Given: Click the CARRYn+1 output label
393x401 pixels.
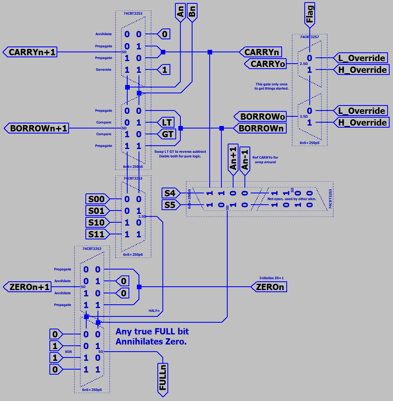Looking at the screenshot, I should coord(30,52).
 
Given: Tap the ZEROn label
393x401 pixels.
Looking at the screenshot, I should coord(270,287).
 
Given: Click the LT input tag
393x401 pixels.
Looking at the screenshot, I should coord(167,122).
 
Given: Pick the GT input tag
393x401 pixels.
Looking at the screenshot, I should coord(167,134).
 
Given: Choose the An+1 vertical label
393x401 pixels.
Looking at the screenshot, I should coord(233,158).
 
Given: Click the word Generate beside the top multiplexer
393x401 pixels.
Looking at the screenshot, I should coord(103,69).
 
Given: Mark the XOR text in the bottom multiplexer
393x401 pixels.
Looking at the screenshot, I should coord(68,352).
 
